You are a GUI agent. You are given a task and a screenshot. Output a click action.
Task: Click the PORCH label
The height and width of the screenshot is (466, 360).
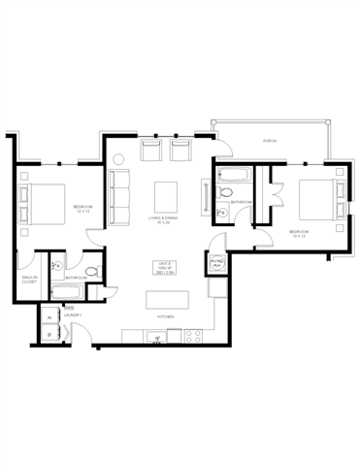point(270,142)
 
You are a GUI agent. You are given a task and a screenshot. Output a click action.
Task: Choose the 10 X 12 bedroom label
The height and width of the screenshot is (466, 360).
point(298,233)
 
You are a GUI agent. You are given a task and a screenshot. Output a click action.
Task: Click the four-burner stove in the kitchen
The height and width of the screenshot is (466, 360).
point(191,336)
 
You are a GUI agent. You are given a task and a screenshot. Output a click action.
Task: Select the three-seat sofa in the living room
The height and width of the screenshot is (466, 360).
point(120,193)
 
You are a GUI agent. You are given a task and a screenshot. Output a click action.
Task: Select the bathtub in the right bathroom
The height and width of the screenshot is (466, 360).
point(234,177)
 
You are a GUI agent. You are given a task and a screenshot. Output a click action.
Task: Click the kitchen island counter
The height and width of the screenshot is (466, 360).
point(166,300)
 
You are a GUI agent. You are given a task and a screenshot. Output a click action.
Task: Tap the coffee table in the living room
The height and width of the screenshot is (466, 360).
point(162,193)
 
